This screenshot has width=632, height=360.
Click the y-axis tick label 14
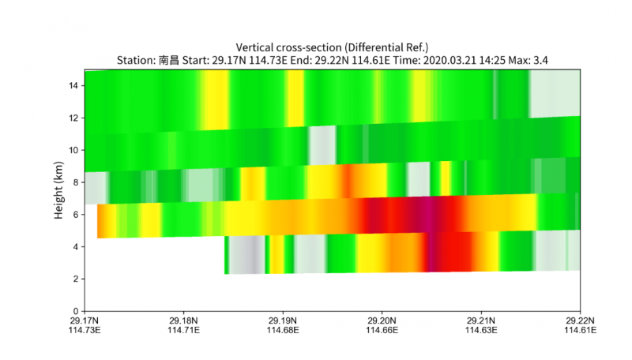73,85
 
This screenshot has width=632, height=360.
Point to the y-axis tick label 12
73,118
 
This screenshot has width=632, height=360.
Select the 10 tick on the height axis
73,150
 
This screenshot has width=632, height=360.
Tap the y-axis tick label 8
76,182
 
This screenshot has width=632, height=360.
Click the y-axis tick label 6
76,215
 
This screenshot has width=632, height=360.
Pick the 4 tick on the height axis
76,246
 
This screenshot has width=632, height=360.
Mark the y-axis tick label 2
76,279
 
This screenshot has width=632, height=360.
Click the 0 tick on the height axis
76,311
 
